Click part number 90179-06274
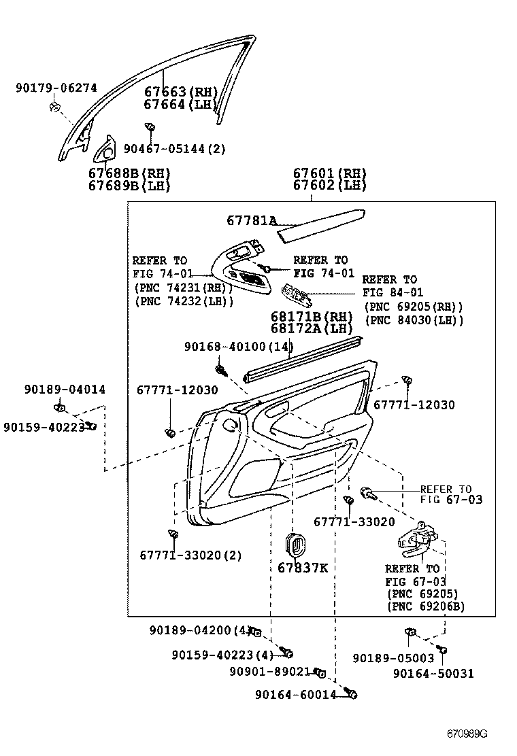(56, 88)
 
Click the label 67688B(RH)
(129, 173)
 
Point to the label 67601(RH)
(329, 173)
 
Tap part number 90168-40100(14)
(238, 346)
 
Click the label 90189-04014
(65, 390)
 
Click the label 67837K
(302, 568)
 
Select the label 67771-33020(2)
(190, 555)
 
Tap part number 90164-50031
(433, 674)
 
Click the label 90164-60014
(296, 694)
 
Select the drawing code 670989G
(467, 734)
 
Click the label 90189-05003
(393, 657)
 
